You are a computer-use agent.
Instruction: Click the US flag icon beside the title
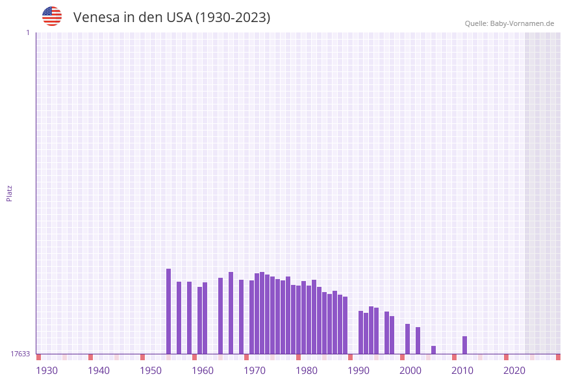coord(52,16)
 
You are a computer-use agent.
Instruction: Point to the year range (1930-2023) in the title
coord(233,18)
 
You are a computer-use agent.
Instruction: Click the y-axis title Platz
coord(10,193)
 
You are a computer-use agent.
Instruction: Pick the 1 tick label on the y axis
coord(27,32)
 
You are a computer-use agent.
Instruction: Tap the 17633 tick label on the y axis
coord(20,354)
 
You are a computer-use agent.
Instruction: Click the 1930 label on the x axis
coord(47,371)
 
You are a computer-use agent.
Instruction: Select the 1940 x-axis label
coord(99,371)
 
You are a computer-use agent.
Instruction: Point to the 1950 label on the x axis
coord(151,371)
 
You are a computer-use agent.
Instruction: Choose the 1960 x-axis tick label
coord(203,371)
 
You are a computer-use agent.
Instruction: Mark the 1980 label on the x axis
coord(307,371)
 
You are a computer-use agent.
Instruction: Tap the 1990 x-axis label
coord(359,371)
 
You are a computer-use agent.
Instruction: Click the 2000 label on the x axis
coord(410,371)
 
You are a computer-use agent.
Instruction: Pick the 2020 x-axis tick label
coord(514,371)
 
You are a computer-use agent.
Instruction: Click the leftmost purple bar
coord(168,312)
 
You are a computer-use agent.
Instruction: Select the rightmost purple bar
coord(464,345)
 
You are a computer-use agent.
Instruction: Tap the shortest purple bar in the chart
coord(433,350)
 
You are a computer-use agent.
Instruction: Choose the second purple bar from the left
coord(179,318)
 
